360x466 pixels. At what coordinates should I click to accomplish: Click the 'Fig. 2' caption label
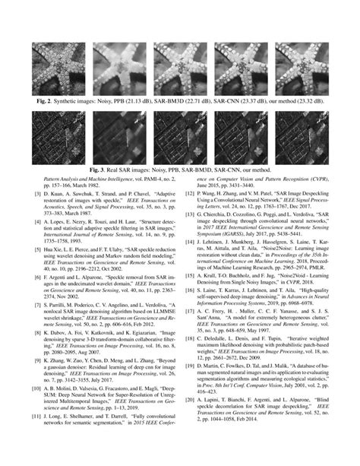click(40, 100)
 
